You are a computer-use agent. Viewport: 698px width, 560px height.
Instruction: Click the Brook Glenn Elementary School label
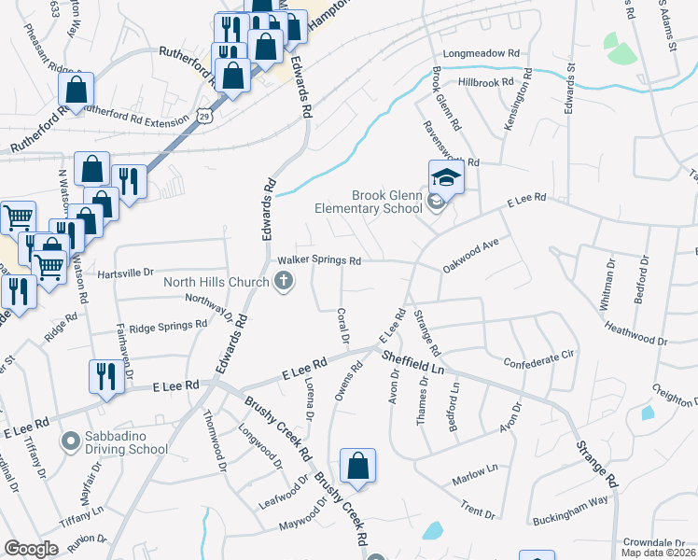(386, 202)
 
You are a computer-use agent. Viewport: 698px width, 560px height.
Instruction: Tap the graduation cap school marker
(446, 176)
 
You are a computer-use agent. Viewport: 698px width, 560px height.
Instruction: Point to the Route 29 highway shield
(203, 116)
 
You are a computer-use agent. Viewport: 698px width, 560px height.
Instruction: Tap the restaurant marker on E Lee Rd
(105, 377)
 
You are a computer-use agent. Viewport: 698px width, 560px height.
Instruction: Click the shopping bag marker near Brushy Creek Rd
(357, 466)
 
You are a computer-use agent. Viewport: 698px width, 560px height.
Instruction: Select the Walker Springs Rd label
(318, 261)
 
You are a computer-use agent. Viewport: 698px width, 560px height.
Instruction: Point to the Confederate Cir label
(540, 358)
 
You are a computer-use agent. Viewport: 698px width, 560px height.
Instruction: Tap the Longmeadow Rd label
(481, 54)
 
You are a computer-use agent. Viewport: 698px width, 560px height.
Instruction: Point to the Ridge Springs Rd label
(168, 326)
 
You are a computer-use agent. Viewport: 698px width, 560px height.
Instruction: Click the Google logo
(31, 549)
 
